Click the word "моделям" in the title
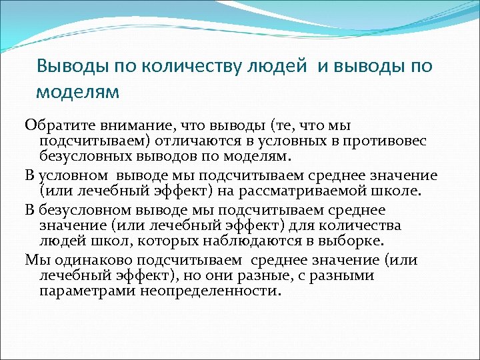78,91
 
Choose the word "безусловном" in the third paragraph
84,210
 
